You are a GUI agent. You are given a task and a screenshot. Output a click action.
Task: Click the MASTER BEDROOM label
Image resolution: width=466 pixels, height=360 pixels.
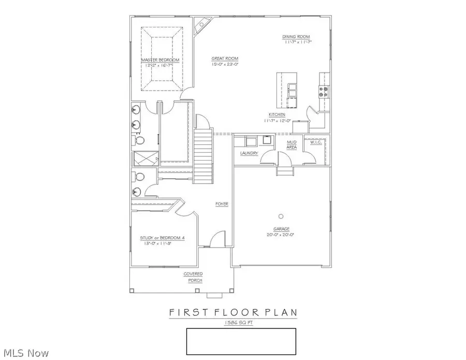161,60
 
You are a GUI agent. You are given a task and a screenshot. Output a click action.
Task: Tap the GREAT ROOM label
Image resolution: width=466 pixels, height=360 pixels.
224,59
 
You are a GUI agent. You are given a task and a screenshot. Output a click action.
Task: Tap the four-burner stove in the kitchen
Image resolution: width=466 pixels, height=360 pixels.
324,91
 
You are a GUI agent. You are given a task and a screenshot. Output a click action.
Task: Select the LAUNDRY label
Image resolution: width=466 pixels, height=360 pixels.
249,153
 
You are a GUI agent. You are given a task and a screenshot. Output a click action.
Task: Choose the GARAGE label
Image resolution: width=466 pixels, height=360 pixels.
281,228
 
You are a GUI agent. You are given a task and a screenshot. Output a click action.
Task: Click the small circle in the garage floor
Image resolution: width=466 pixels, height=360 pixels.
281,215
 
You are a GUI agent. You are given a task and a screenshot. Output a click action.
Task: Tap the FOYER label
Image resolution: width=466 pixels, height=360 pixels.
222,204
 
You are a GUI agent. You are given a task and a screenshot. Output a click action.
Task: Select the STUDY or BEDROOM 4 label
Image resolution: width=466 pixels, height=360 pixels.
162,238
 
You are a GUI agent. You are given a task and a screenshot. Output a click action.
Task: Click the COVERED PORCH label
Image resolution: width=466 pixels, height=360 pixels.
193,277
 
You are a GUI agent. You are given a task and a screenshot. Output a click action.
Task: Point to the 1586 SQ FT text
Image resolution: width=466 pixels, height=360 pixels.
241,322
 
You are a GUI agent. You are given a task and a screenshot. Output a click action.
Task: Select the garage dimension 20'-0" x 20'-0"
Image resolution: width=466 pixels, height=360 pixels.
281,234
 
